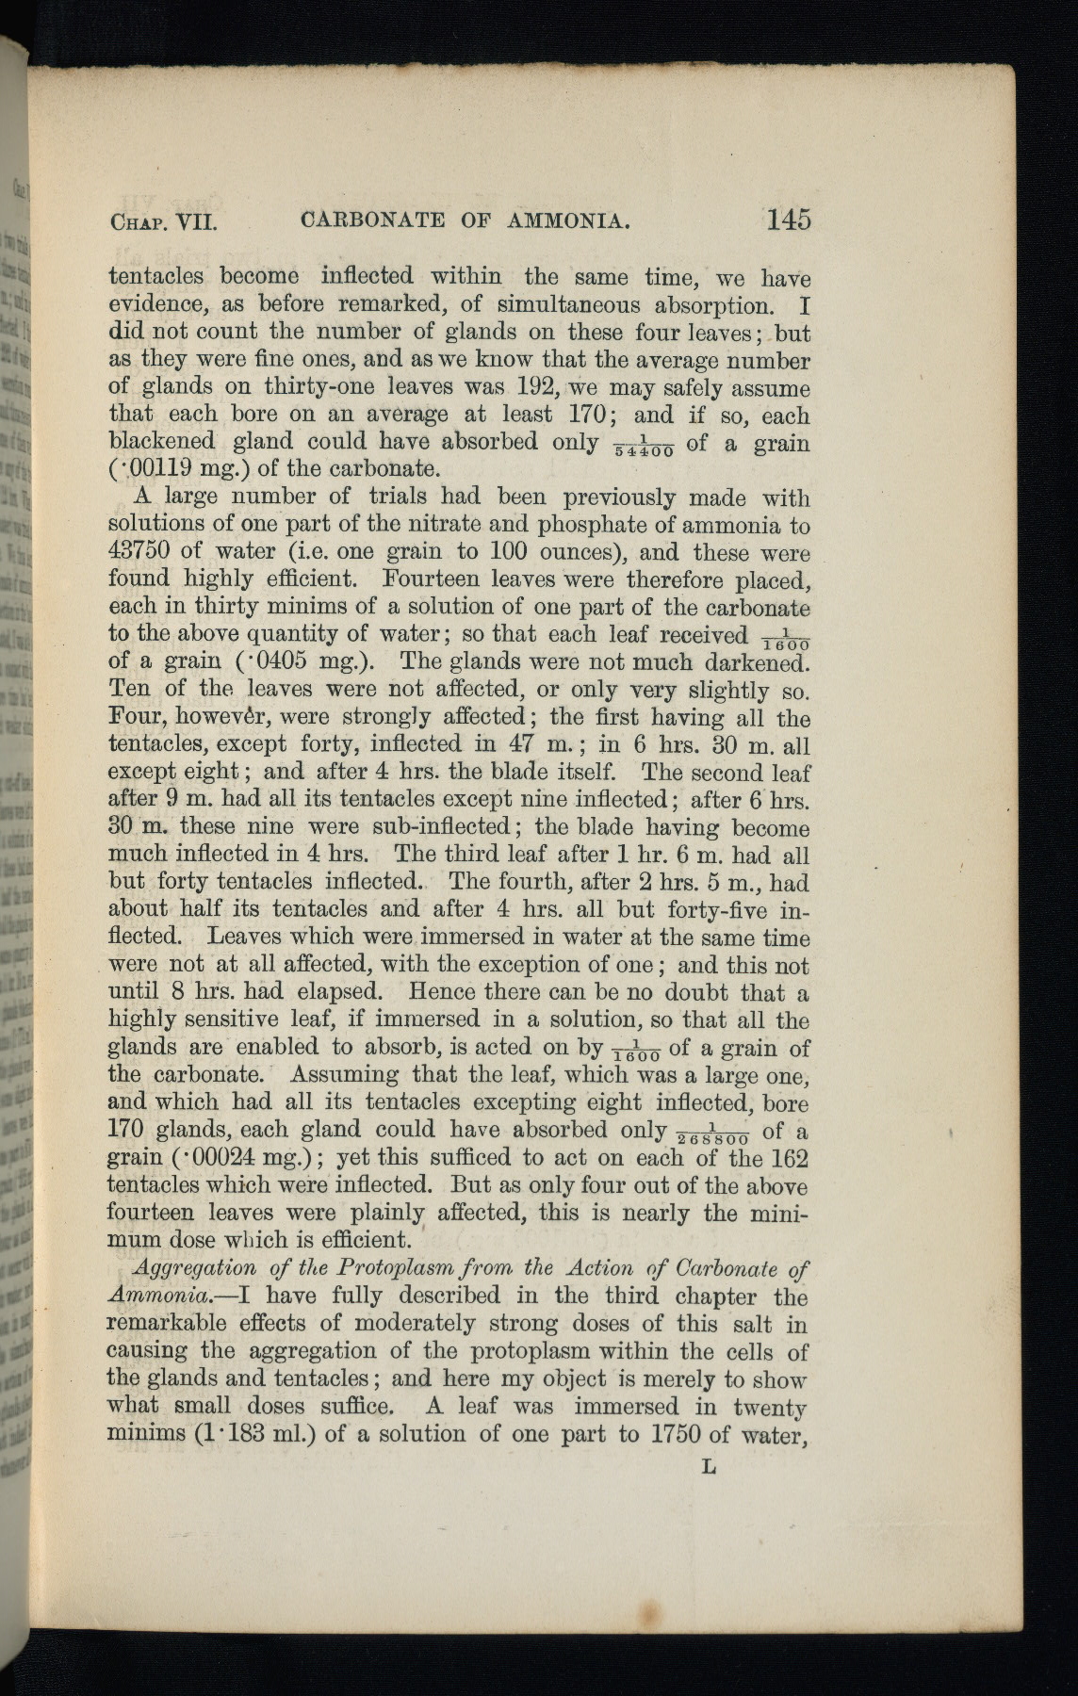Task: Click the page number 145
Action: (788, 220)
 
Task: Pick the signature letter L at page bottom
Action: (709, 1466)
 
